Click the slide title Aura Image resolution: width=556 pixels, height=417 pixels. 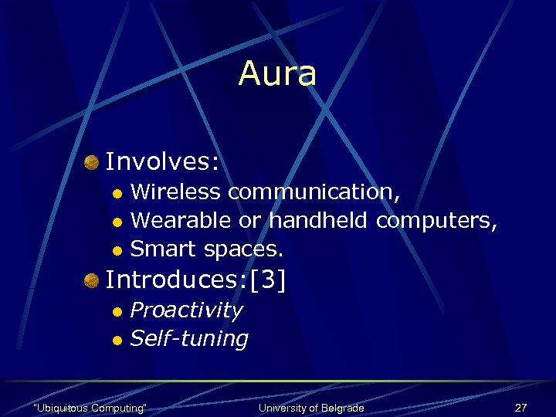coord(277,74)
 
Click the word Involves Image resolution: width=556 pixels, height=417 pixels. coord(162,161)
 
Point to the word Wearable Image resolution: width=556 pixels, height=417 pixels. coord(181,221)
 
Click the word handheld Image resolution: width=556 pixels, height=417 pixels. coord(319,221)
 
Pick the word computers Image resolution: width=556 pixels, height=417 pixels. coord(436,221)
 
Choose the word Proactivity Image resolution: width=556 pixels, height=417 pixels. coord(186,310)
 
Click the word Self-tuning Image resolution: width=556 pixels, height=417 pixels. coord(189,339)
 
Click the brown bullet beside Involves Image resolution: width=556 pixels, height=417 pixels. coord(92,161)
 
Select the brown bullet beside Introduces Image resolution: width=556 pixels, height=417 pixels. coord(92,280)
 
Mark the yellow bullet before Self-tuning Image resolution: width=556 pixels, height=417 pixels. coord(117,340)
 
